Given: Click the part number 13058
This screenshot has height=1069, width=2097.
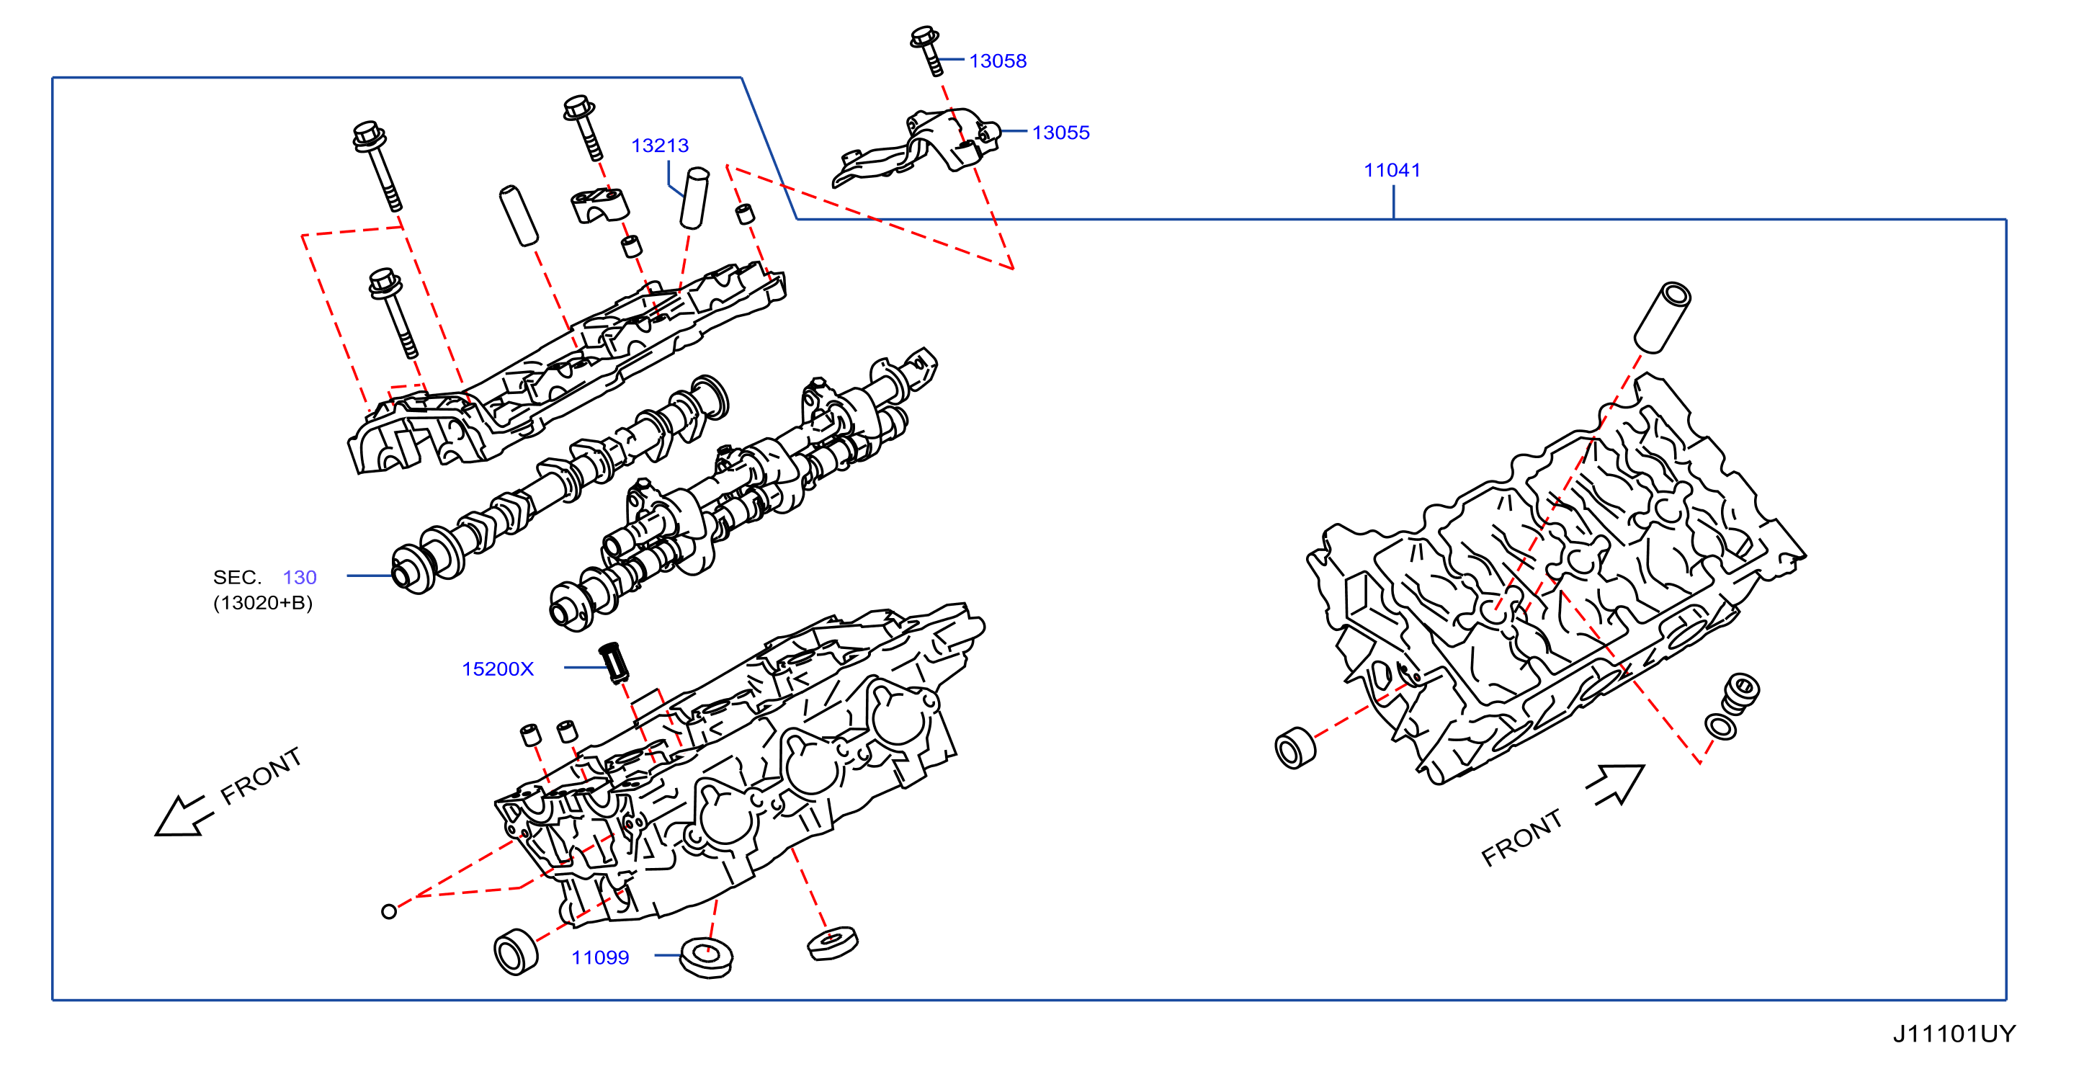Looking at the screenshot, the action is pos(997,61).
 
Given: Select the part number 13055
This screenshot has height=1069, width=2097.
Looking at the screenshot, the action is pos(1060,133).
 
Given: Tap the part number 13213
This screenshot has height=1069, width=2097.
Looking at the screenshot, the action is pos(659,146).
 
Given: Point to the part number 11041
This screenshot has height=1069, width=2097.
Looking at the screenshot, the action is pos(1392,170).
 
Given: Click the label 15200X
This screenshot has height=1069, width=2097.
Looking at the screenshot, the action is pos(497,669).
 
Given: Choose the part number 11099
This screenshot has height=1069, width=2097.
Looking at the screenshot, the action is pos(600,957).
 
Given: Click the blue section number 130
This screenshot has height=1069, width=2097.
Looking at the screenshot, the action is pos(300,577).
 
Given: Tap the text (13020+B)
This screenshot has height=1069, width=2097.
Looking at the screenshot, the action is pos(263,604).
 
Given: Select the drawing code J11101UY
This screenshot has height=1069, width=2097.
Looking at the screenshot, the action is pos(1954,1034).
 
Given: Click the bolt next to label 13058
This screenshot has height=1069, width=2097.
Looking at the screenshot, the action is pos(927,50).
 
